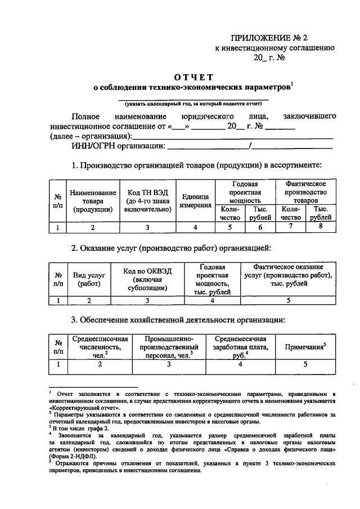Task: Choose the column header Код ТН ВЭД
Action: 148,201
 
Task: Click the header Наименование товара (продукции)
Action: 93,201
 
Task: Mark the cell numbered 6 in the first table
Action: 260,227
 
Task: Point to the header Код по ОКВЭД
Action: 148,279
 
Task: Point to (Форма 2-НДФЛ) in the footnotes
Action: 69,456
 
